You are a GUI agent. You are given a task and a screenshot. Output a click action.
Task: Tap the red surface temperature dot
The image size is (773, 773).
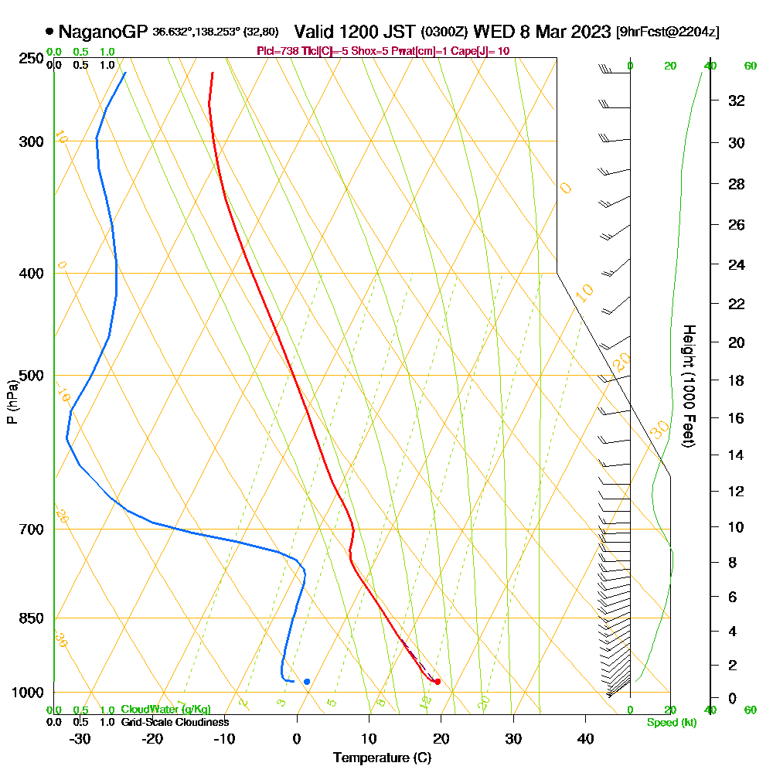pos(438,681)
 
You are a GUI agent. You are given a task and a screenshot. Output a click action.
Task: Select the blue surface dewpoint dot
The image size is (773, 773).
pos(307,681)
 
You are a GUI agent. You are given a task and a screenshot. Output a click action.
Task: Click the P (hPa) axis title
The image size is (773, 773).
pos(12,402)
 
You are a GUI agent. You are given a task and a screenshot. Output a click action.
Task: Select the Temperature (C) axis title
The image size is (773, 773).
pos(382,758)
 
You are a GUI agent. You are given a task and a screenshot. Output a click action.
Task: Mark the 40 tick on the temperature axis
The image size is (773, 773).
pos(585,739)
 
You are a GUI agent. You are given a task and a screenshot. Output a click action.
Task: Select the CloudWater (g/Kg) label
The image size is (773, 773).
pos(165,710)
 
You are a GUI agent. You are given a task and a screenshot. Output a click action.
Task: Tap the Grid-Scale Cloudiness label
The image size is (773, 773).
pos(175,722)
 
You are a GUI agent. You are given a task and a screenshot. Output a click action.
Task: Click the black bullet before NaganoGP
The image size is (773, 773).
pos(50,32)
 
